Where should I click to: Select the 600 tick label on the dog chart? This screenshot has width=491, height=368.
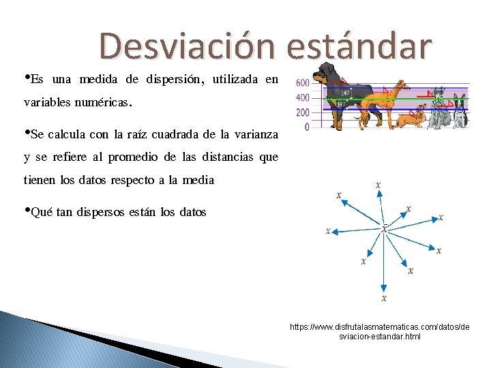pos(302,83)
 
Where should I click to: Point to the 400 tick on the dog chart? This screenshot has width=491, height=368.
pos(302,98)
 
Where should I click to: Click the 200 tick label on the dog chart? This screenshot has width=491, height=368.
pos(302,113)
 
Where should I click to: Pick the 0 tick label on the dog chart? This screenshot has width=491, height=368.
pos(306,127)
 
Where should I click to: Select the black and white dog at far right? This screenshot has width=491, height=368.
pos(461,112)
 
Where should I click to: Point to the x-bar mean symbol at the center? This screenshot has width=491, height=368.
pos(384,228)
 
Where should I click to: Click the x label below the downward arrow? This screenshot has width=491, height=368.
pos(384,298)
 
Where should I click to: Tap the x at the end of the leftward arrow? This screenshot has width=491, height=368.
pos(328,230)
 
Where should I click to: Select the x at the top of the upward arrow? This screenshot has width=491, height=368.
pos(378,185)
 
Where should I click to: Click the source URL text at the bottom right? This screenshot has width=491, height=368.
pos(379,332)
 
